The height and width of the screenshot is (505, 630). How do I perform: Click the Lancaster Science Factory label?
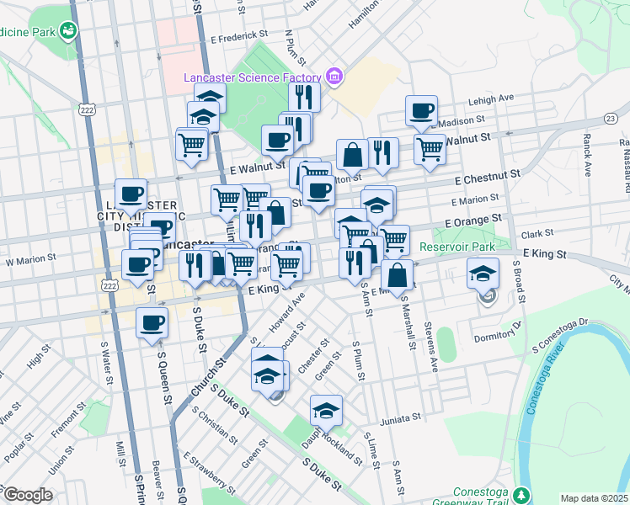(x=254, y=78)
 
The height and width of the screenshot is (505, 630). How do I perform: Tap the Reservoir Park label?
(x=460, y=247)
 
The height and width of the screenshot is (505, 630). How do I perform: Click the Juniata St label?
(x=398, y=417)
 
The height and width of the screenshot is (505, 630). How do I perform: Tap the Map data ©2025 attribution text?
(x=595, y=498)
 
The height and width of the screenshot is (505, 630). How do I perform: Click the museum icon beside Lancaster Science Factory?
(x=334, y=78)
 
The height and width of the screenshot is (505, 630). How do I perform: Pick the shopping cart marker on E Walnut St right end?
(x=430, y=150)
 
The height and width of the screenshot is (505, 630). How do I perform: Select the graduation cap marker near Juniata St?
(x=325, y=411)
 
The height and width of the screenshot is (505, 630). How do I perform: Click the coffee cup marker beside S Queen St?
(x=152, y=323)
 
